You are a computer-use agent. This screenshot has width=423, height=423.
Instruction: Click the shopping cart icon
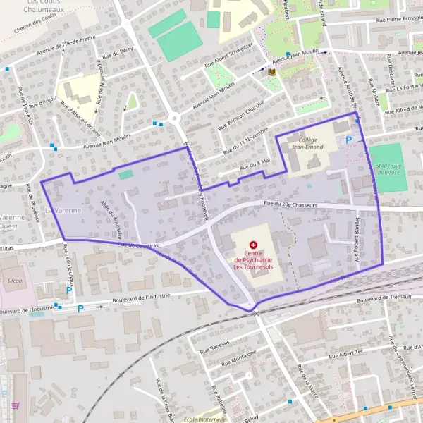tap(16, 406)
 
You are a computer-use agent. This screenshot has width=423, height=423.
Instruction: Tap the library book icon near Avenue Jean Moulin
tap(271, 71)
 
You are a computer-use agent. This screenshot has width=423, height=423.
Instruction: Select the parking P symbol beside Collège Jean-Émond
tap(348, 140)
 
